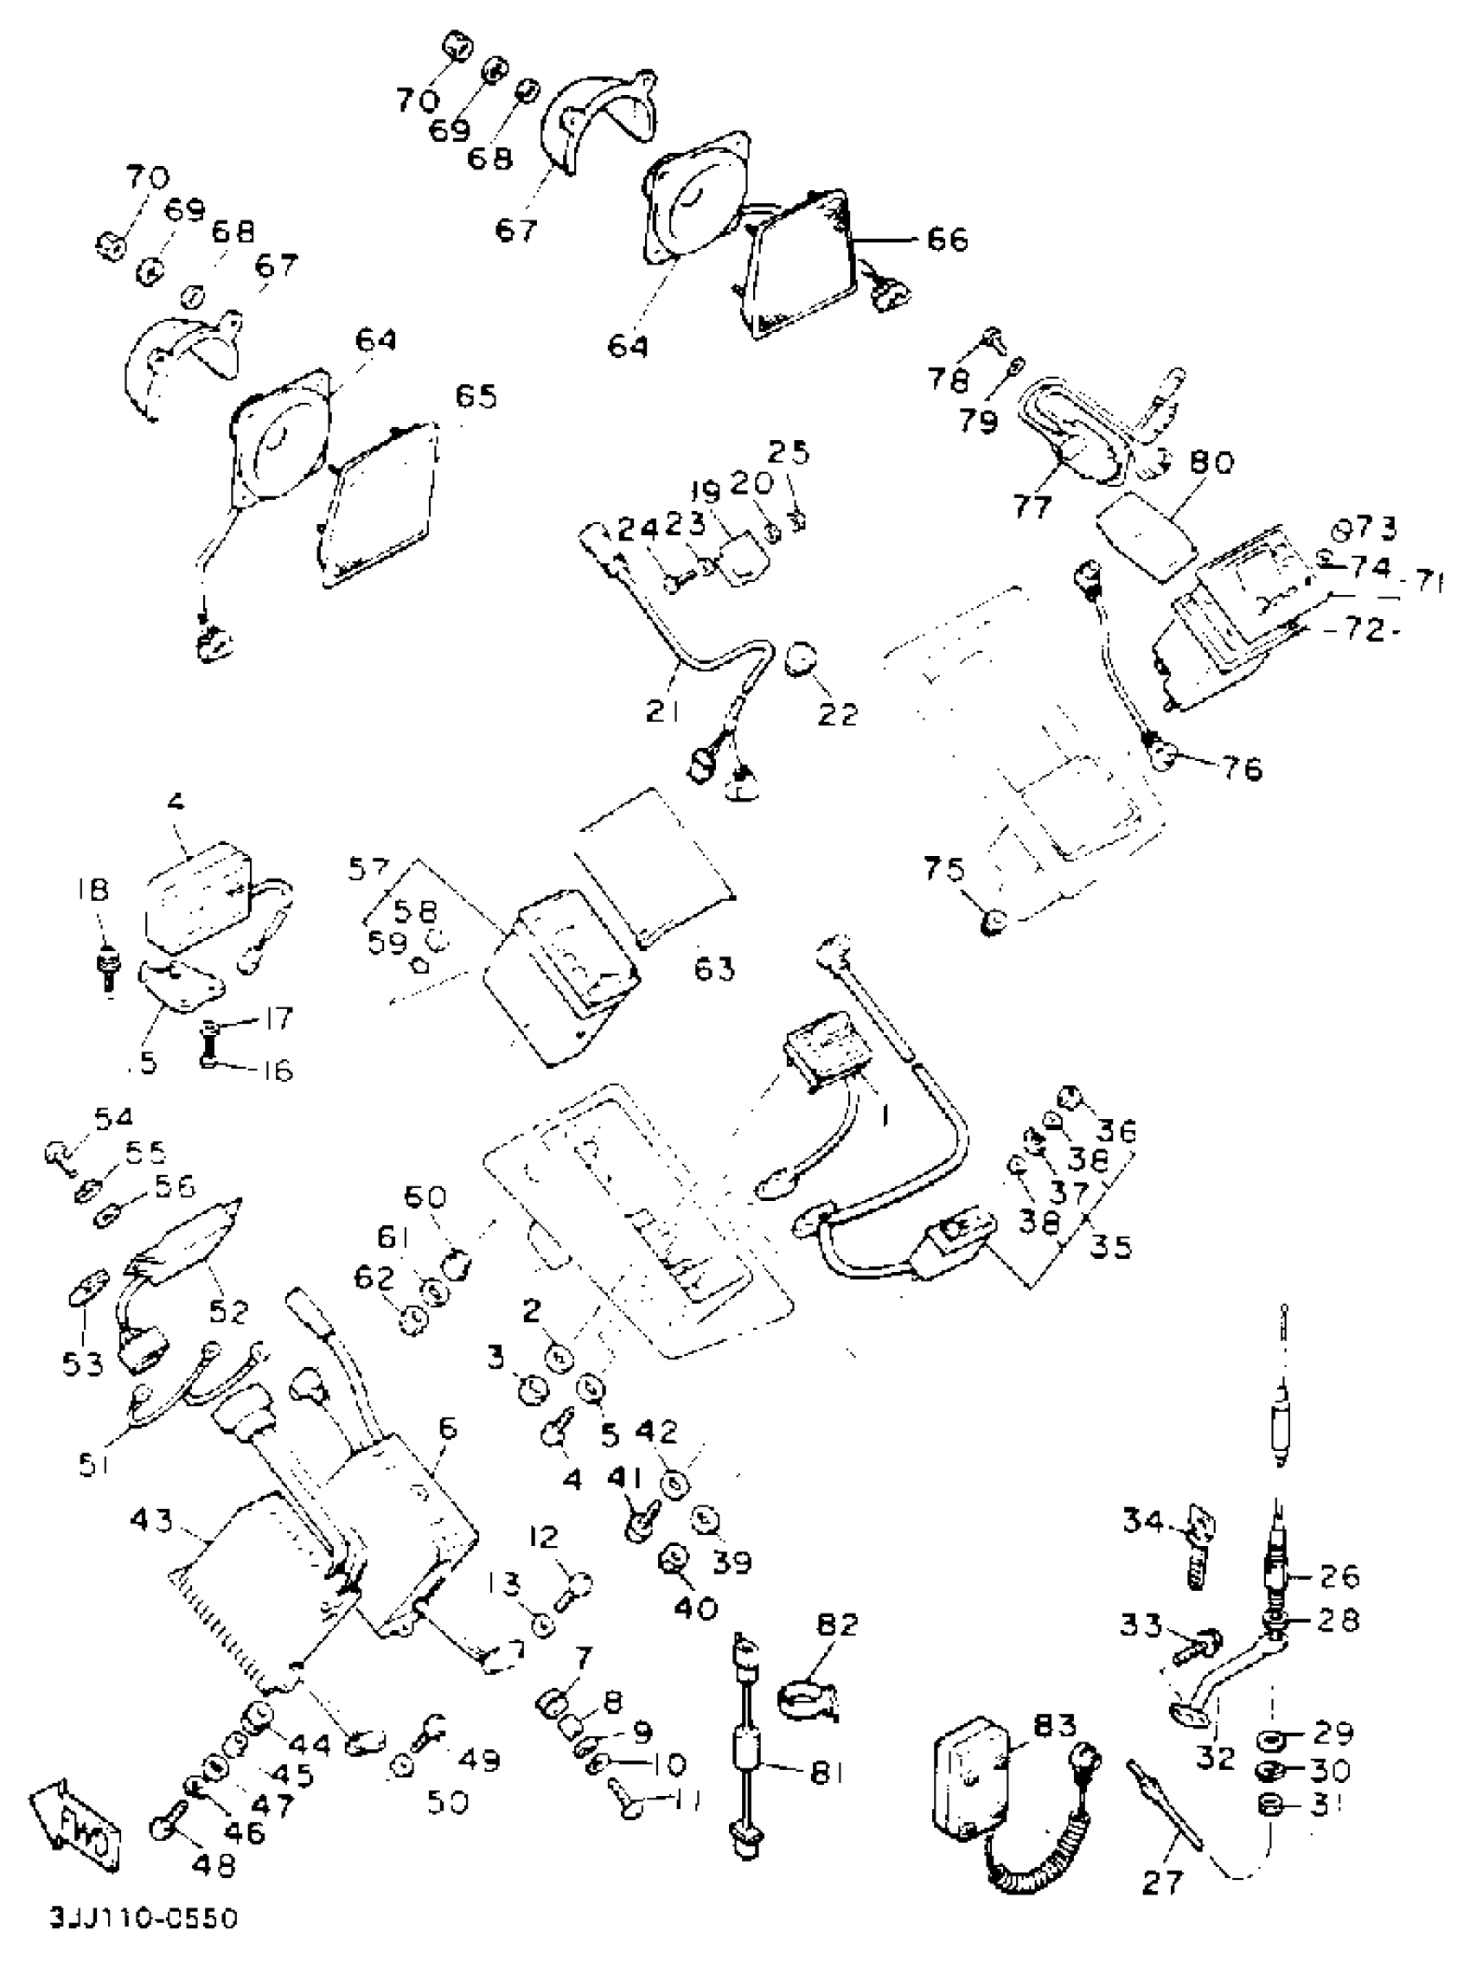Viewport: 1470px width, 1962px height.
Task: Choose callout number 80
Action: tap(1211, 462)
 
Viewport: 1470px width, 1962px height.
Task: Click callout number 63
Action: tap(714, 968)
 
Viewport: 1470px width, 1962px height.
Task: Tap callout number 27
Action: tap(1162, 1903)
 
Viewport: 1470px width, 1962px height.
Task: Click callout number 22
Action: tap(837, 714)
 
